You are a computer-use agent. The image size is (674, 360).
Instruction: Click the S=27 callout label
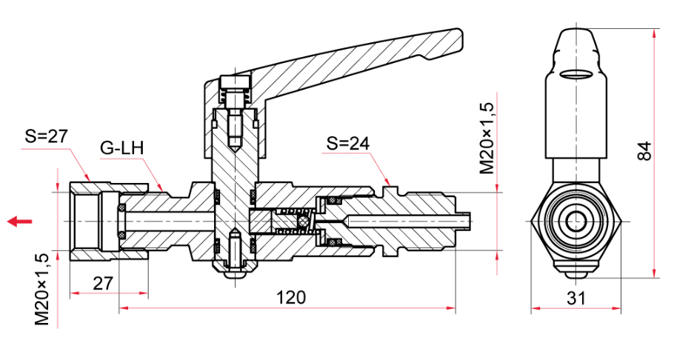tap(46, 136)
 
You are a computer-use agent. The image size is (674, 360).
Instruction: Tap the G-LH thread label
tap(121, 148)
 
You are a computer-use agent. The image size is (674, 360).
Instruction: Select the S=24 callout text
tap(348, 143)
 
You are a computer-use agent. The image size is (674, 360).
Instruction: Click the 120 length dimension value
tap(290, 297)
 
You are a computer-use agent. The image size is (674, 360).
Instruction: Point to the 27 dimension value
tap(103, 284)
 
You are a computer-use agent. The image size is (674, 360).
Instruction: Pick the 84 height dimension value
tap(644, 150)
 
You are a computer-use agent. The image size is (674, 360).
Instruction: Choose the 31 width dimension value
tap(576, 298)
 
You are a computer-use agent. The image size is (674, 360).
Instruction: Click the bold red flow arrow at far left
tap(20, 221)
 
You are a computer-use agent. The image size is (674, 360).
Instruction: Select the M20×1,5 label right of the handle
tap(487, 138)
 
